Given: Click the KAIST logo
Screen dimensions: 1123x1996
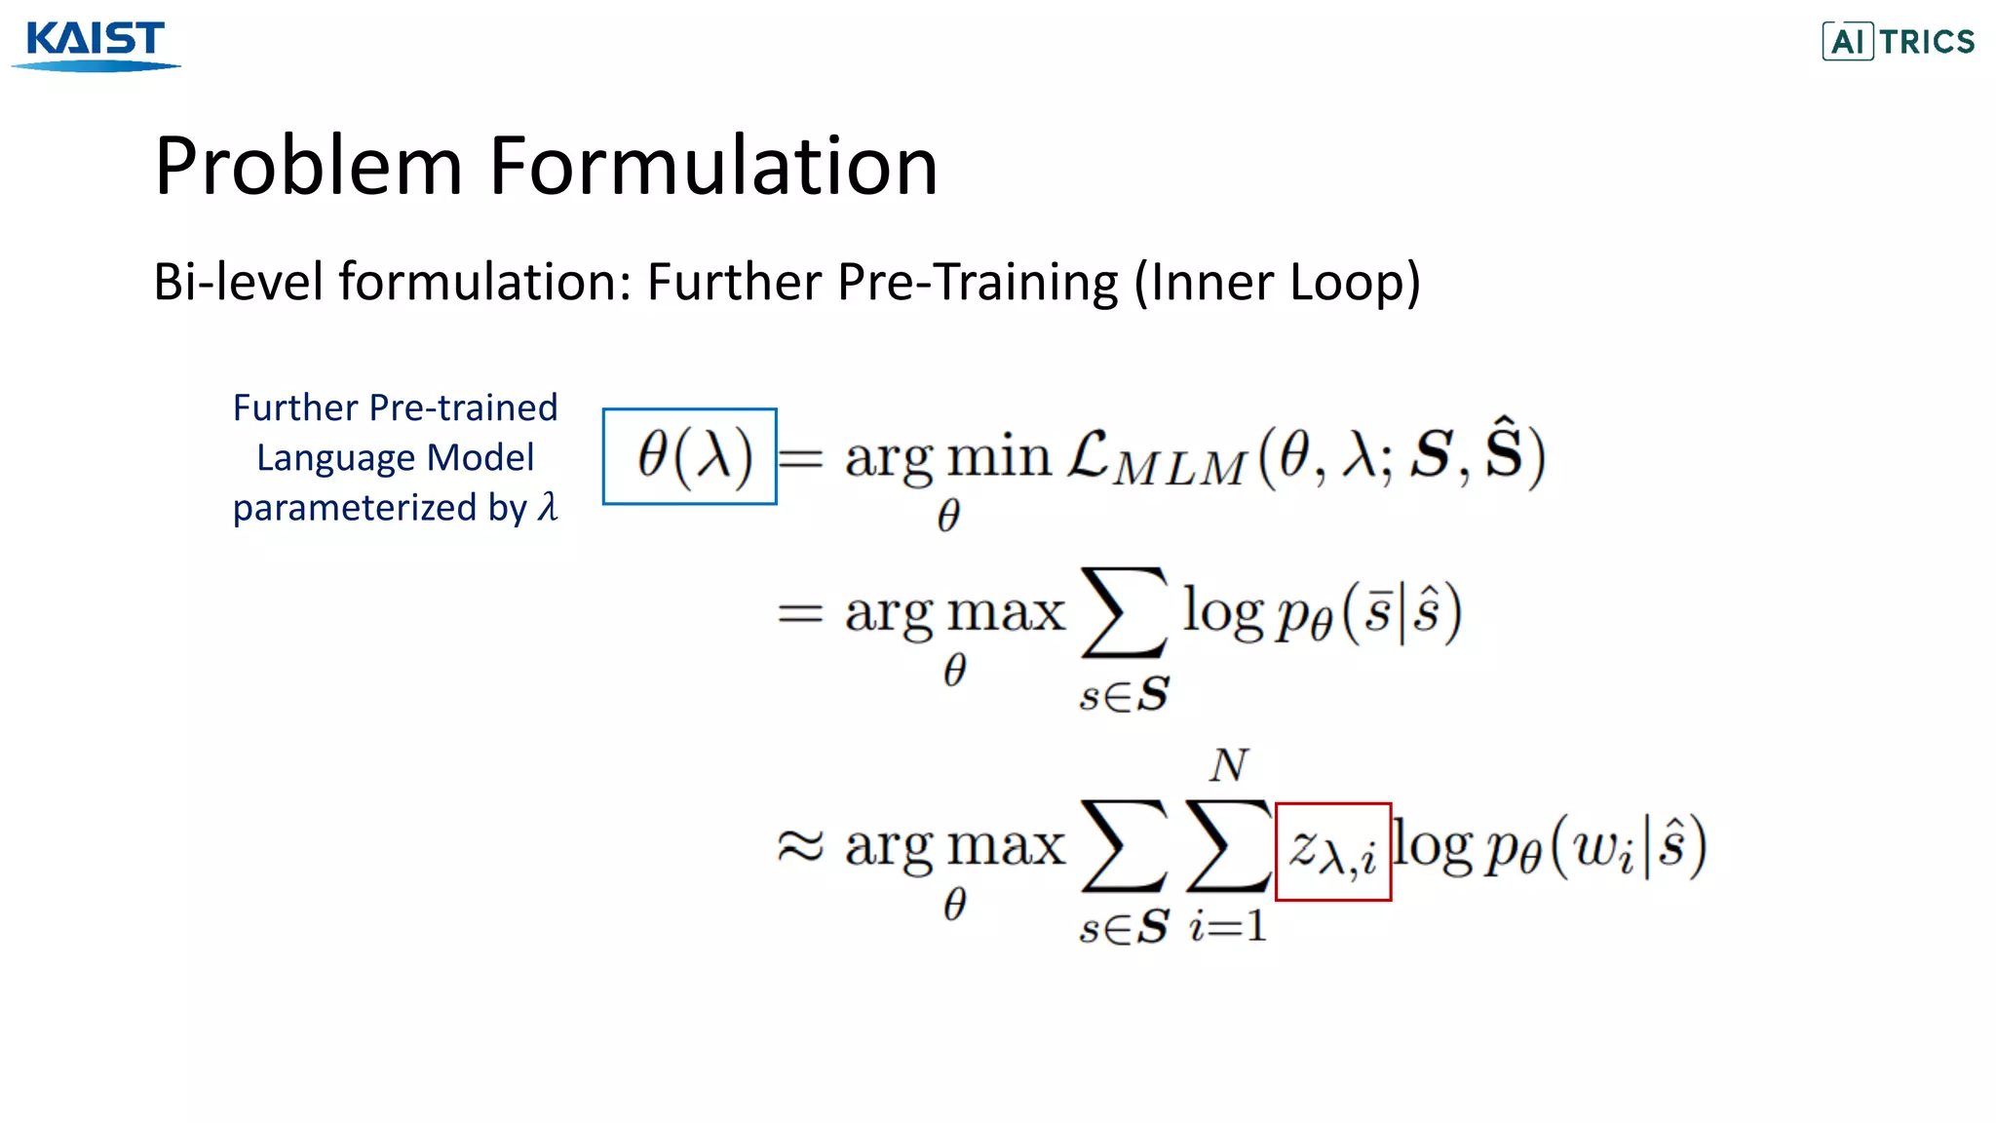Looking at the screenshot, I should [x=96, y=45].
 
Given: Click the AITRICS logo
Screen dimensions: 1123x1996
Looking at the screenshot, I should [x=1899, y=42].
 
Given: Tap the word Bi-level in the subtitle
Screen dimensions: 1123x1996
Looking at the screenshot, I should [x=238, y=282].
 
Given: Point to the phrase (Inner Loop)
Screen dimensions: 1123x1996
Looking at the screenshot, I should [x=1277, y=283].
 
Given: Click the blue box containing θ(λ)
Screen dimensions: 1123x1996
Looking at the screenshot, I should [x=689, y=456].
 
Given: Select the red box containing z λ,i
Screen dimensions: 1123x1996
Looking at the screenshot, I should [x=1332, y=851].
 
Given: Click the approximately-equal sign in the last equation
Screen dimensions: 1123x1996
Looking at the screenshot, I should [x=800, y=846].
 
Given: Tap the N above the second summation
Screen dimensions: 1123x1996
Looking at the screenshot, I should [x=1228, y=765].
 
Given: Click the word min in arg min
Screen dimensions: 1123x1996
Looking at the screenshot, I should [x=999, y=456].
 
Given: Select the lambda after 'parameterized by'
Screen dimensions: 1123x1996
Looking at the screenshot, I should [x=548, y=507].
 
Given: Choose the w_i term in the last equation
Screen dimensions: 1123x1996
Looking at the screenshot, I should [x=1602, y=848].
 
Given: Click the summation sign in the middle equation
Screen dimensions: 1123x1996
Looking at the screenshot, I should [x=1124, y=612].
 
